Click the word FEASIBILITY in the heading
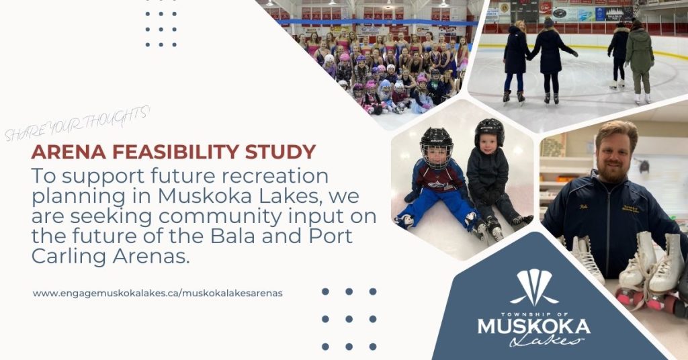click(177, 152)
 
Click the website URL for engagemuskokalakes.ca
click(157, 293)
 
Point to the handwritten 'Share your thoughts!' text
click(77, 124)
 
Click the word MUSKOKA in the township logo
click(534, 326)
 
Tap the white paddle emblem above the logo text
click(534, 287)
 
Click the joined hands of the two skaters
click(529, 56)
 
